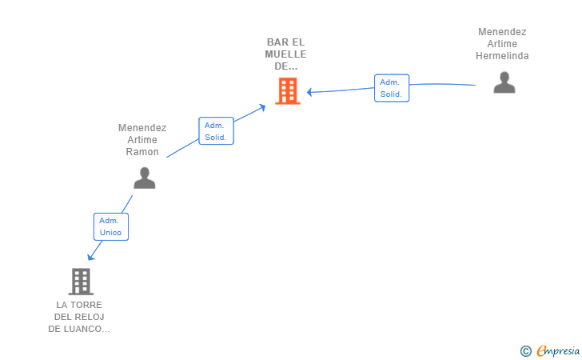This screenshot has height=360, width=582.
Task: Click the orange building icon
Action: coord(288,91)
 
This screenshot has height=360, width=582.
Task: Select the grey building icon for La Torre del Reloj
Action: coord(81,282)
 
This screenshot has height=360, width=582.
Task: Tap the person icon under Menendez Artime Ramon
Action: coord(145,178)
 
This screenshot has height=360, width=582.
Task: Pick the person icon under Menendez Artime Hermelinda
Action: coord(504,82)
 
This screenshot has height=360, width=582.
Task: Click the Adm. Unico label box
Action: coord(111,226)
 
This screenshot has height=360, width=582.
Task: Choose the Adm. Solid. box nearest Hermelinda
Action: coord(392,88)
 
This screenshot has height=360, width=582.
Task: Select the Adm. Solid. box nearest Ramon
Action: coord(216,130)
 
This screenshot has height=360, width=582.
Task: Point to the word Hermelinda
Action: coord(502,56)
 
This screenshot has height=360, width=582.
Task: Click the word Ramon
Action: coord(142,151)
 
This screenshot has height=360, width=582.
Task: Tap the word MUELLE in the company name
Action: coord(286,54)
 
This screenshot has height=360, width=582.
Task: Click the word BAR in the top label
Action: coord(275,42)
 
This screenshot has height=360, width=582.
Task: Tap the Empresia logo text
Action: coord(558,350)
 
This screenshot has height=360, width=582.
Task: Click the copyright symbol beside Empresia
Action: coord(525,351)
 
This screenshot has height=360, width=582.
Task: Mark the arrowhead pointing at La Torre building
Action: coord(90,257)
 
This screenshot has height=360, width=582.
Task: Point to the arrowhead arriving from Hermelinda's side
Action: coord(309,92)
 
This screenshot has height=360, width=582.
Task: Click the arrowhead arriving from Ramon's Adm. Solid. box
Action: coord(262,108)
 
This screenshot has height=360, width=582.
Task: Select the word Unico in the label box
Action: coord(110,233)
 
